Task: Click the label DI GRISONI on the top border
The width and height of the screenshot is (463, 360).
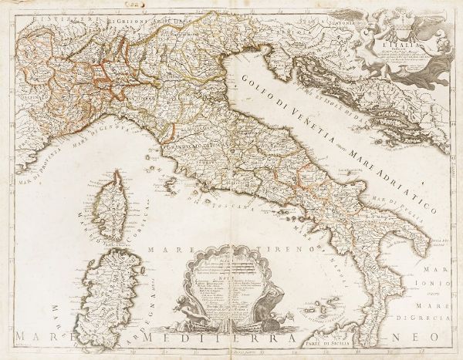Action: tap(123, 12)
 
